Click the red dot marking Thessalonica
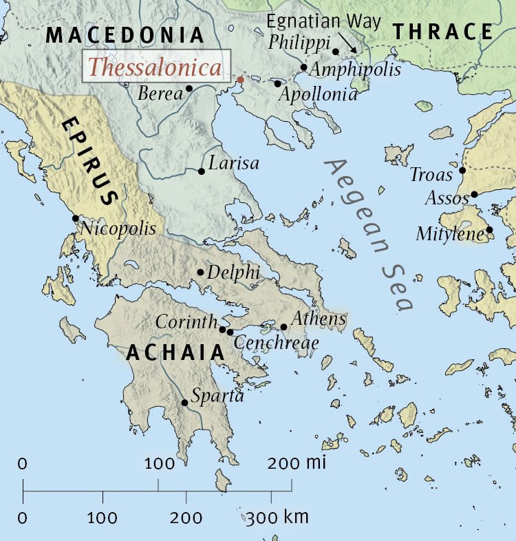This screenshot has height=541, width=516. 240,80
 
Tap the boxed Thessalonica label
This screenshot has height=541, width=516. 156,67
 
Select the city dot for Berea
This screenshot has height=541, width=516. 189,89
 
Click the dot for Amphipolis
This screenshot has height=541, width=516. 303,67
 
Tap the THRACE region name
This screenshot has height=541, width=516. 443,32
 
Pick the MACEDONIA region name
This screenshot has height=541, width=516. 125,35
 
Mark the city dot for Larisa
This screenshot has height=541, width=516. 201,171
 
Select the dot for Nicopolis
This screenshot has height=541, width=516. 75,218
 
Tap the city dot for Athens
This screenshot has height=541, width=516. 283,327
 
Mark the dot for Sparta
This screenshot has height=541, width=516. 184,403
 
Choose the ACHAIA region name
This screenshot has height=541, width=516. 175,352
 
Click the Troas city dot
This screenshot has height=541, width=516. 462,170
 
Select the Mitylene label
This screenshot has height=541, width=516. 450,234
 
